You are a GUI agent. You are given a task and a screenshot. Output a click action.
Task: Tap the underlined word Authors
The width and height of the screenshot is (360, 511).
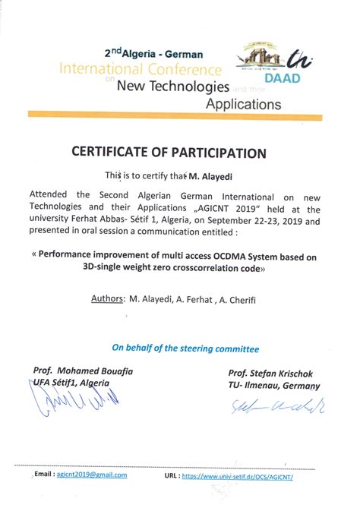click(x=108, y=298)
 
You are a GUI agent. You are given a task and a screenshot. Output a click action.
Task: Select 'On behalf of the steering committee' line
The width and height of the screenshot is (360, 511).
click(x=185, y=349)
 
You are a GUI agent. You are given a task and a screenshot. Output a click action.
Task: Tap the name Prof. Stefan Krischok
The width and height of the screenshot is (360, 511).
click(x=270, y=374)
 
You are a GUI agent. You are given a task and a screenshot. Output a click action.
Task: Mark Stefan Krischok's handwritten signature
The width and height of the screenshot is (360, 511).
click(x=276, y=408)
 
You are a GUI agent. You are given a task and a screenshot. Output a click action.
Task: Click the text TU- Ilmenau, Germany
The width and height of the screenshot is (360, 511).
click(x=274, y=386)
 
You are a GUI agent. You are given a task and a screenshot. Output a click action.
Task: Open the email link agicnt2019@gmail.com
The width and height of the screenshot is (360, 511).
click(x=91, y=475)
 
